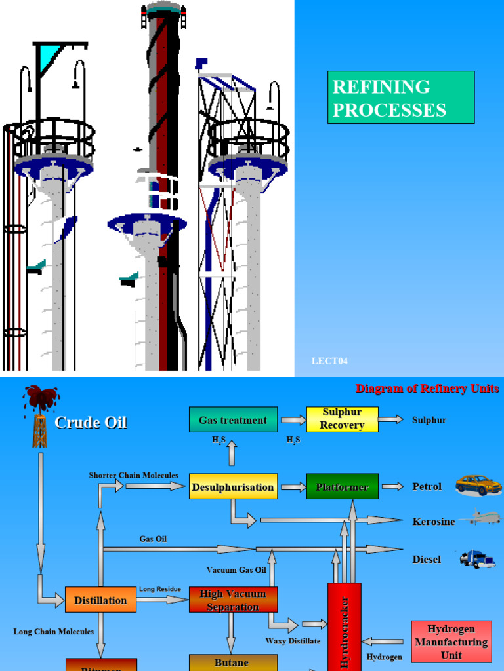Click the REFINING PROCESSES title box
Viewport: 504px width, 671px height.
(x=400, y=97)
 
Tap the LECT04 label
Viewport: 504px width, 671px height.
(x=329, y=361)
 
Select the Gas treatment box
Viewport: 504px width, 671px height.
(x=232, y=420)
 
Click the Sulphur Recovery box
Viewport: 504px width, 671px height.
(x=342, y=419)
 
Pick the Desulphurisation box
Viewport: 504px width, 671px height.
(x=232, y=487)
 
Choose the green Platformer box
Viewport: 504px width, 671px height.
(x=342, y=487)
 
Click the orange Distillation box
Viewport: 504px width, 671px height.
(x=100, y=600)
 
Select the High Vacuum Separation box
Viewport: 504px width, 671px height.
(x=232, y=600)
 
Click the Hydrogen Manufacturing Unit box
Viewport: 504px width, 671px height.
(x=451, y=642)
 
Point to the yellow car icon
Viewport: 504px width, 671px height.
(x=478, y=485)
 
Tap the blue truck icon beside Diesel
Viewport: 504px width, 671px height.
(x=477, y=558)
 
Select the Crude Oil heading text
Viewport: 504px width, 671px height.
(x=91, y=423)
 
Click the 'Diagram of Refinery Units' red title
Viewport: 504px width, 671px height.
(x=427, y=389)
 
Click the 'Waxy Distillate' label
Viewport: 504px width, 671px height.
(x=293, y=640)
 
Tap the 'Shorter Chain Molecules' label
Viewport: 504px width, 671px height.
(x=133, y=475)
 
